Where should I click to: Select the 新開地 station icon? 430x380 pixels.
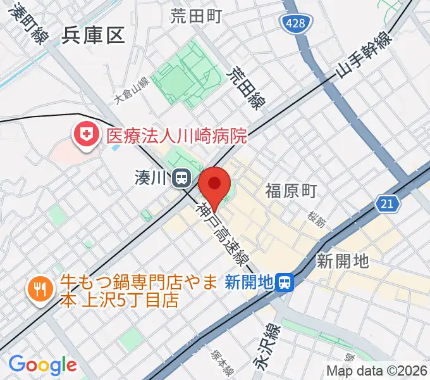tap(286, 281)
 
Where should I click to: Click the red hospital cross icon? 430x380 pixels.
tap(84, 134)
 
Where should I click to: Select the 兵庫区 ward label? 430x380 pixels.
tap(94, 35)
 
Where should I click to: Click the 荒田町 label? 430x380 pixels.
tap(195, 16)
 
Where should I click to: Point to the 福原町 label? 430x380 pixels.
tap(290, 191)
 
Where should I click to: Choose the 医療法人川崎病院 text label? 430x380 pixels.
tap(176, 135)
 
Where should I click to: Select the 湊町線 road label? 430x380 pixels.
tap(29, 26)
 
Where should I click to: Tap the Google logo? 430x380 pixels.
tap(42, 365)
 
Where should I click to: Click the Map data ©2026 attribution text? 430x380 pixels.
tap(377, 371)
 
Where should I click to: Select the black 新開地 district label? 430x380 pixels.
tap(343, 260)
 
